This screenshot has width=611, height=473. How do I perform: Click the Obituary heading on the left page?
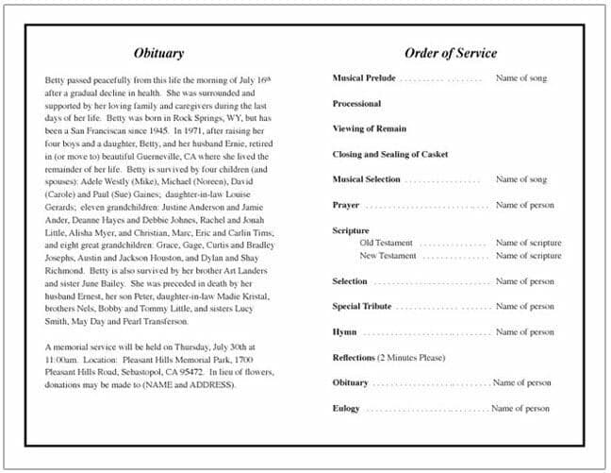[x=158, y=53]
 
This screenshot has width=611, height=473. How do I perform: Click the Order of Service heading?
[x=450, y=53]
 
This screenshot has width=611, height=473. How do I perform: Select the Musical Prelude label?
[x=363, y=78]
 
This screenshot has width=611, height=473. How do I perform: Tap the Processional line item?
[x=356, y=104]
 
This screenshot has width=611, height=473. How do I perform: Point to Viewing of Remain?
[x=370, y=128]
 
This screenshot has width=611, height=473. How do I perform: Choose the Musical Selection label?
[x=366, y=179]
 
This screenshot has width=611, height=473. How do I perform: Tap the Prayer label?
[x=345, y=205]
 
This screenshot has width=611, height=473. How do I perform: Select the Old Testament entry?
[x=387, y=244]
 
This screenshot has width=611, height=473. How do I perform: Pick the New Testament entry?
[x=388, y=256]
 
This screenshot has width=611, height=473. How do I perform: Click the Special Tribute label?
[x=361, y=307]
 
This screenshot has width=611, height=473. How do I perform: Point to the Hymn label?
[x=344, y=332]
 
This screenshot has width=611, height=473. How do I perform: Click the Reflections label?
[x=354, y=358]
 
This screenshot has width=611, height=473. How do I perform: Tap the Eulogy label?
[x=346, y=409]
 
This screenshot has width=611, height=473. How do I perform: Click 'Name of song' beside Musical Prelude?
[x=520, y=78]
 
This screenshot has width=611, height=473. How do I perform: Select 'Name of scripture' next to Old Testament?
[x=528, y=244]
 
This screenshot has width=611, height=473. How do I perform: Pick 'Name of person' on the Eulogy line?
[x=520, y=409]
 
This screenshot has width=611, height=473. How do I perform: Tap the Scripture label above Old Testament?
[x=351, y=230]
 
